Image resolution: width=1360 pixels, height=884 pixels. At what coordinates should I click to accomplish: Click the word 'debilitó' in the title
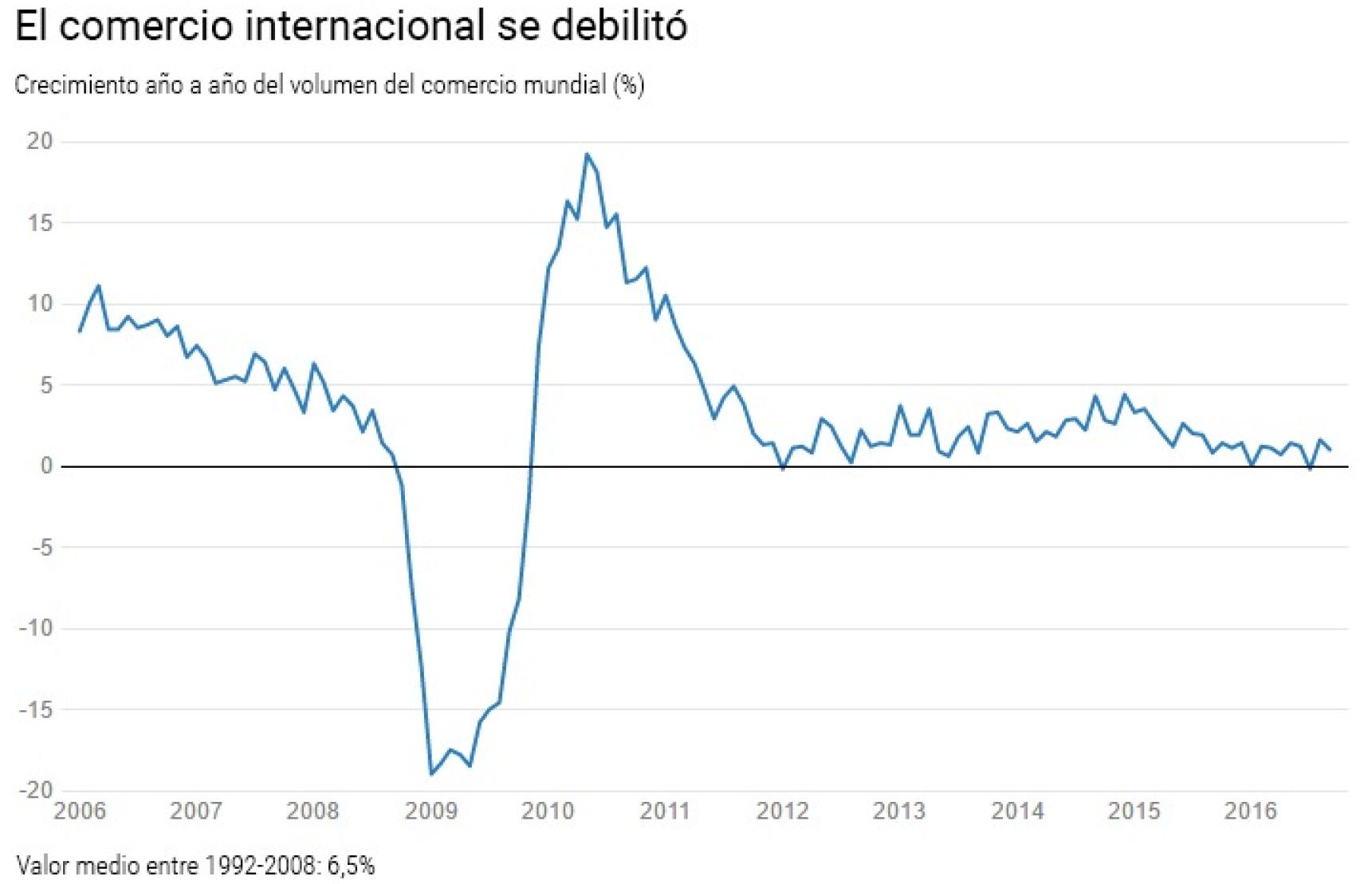pos(618,26)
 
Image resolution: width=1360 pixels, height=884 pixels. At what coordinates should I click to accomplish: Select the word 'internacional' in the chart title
pos(365,26)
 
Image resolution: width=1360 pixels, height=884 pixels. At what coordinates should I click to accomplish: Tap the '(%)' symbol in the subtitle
pos(629,84)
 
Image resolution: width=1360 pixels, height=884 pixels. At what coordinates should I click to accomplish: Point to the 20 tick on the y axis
pos(39,141)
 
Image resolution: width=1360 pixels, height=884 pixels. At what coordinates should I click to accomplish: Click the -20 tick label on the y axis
pos(36,790)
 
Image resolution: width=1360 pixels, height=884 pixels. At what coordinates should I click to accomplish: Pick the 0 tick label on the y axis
pos(46,466)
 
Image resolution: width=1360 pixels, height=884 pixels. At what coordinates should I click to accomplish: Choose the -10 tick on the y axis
pos(36,628)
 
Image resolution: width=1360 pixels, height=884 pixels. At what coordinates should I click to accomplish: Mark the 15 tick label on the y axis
pos(39,222)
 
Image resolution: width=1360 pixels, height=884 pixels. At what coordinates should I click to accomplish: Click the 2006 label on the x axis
pos(79,811)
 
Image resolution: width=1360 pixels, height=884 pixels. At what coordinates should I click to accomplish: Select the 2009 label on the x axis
pos(430,811)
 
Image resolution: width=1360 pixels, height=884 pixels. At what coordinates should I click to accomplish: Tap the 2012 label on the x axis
pos(782,811)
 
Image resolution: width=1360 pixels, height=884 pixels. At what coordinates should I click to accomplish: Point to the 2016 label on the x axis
pos(1250,811)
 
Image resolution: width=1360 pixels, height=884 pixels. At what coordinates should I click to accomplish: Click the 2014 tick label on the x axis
pos(1016,811)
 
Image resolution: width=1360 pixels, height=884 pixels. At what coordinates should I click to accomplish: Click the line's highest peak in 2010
pos(587,155)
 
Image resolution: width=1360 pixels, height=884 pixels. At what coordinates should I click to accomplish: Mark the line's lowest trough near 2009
pos(431,774)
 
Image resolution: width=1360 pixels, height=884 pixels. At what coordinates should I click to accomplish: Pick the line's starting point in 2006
pos(80,331)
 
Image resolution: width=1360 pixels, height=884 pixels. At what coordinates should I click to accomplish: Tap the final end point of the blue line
pos(1330,450)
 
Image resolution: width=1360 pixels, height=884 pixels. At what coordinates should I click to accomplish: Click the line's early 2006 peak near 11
pos(98,286)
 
